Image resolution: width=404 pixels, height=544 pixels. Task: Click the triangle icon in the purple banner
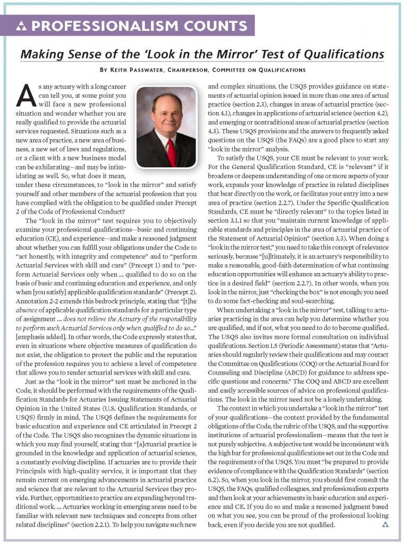[21, 26]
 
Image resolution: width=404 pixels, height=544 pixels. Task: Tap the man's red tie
[171, 151]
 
